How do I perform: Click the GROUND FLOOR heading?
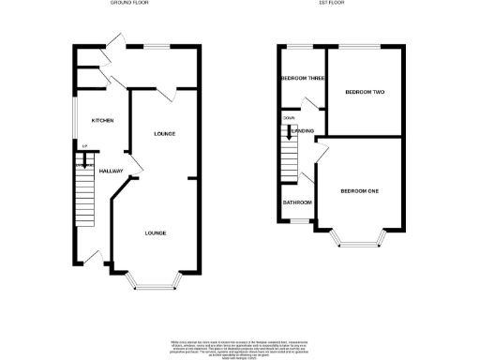pyautogui.click(x=129, y=3)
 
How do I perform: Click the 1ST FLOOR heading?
pyautogui.click(x=341, y=3)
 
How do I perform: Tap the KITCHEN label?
pyautogui.click(x=101, y=122)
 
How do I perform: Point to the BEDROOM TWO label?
pyautogui.click(x=365, y=92)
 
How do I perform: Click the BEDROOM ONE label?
pyautogui.click(x=359, y=191)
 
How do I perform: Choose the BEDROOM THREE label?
pyautogui.click(x=302, y=79)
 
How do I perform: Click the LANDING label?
pyautogui.click(x=302, y=131)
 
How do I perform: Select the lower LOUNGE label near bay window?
pyautogui.click(x=156, y=232)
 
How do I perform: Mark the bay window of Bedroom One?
pyautogui.click(x=360, y=243)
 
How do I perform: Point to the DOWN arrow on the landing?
pyautogui.click(x=288, y=132)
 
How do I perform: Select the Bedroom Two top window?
pyautogui.click(x=359, y=45)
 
